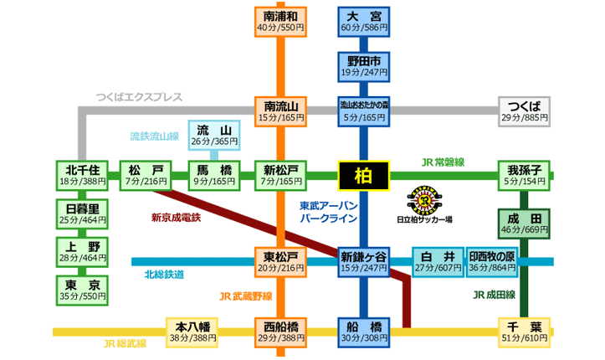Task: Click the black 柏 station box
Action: coord(363,176)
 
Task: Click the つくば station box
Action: coord(525,111)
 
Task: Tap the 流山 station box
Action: coord(214,136)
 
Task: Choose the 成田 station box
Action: coord(525,223)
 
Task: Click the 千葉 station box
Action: coord(525,332)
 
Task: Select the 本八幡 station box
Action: coord(192,332)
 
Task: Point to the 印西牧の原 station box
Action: coord(492,261)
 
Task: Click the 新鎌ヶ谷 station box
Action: coord(363,261)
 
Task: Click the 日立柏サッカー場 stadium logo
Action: coord(424,202)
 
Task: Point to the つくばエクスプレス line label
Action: coord(138,96)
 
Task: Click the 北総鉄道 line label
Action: coord(164,275)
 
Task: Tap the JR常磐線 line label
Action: coord(443,162)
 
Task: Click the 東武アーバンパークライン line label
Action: coord(329,211)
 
